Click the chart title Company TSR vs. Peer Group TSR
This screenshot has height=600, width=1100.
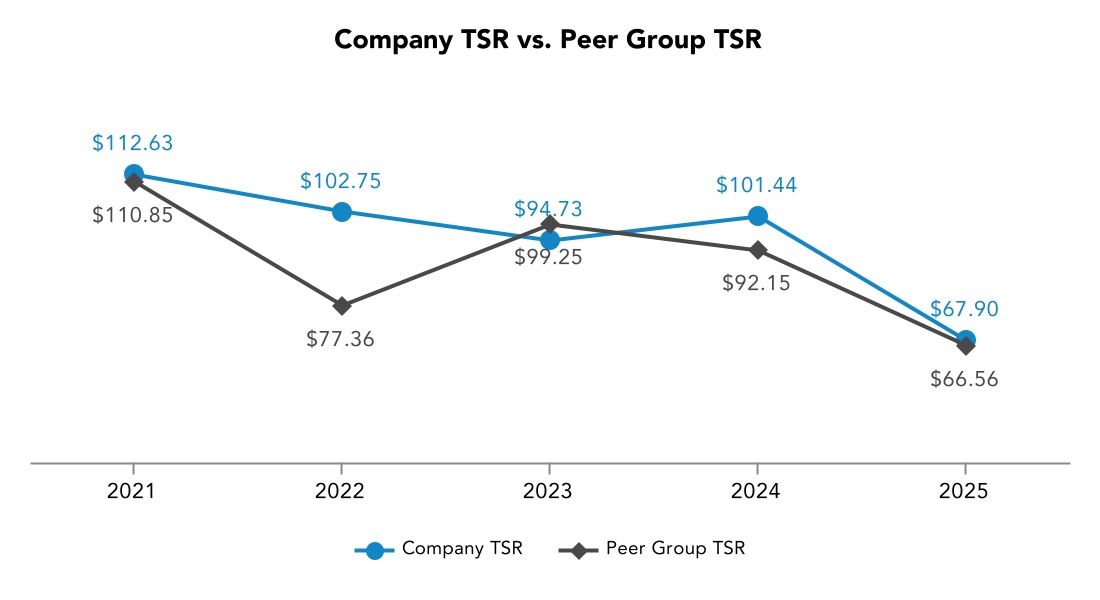tap(549, 40)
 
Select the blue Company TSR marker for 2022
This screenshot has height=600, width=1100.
tap(341, 211)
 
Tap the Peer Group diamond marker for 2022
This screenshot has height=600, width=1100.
tap(341, 305)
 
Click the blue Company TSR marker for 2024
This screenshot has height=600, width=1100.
tap(757, 216)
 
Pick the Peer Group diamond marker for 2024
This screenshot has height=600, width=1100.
tap(757, 250)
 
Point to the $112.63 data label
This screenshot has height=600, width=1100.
tap(133, 143)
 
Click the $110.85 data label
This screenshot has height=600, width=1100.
tap(133, 214)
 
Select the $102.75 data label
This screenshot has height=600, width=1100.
tap(341, 181)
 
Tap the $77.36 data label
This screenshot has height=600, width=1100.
tap(341, 339)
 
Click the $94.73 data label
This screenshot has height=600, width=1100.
tap(548, 209)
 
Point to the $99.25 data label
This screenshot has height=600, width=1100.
tap(548, 256)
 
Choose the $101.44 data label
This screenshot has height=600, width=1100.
tap(757, 185)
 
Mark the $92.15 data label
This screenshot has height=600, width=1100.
tap(757, 283)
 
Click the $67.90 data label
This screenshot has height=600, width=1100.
tap(965, 309)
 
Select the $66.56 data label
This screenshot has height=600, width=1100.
tap(965, 379)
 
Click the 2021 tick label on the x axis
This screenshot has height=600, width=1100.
tap(133, 491)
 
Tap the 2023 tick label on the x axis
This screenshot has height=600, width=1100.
tap(548, 491)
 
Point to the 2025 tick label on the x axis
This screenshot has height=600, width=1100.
tap(965, 491)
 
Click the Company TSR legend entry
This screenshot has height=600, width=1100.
tap(440, 549)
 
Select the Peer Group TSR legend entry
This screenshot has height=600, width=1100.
tap(653, 549)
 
